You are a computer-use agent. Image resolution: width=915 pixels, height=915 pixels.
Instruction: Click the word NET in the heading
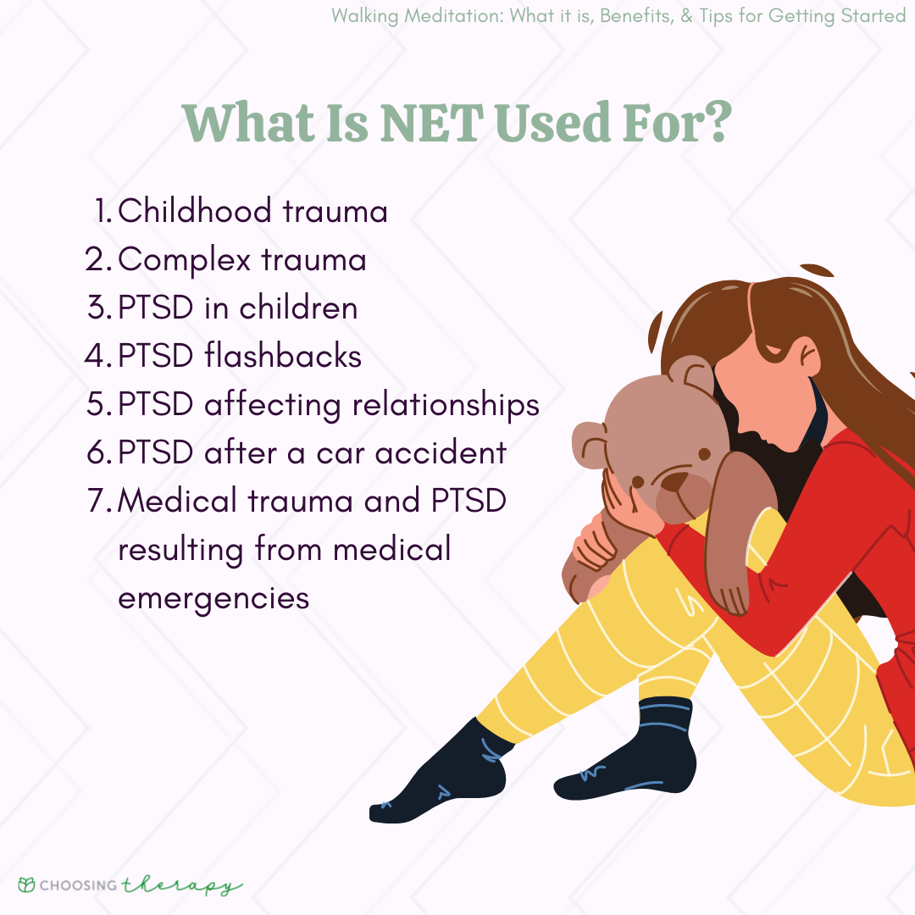(x=431, y=123)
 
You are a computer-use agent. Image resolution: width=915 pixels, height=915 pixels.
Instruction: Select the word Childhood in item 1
(x=194, y=211)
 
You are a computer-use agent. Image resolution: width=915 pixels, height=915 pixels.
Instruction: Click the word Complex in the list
(x=184, y=261)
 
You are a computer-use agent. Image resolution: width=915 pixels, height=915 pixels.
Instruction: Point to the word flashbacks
(x=283, y=355)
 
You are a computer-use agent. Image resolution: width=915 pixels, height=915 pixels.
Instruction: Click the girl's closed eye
(x=774, y=351)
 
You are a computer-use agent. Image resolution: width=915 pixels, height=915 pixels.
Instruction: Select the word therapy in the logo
(x=182, y=885)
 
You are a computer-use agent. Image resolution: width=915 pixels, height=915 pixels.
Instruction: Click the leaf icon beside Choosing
(x=27, y=884)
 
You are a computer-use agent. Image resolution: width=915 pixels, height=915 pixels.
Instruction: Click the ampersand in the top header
(x=686, y=16)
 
